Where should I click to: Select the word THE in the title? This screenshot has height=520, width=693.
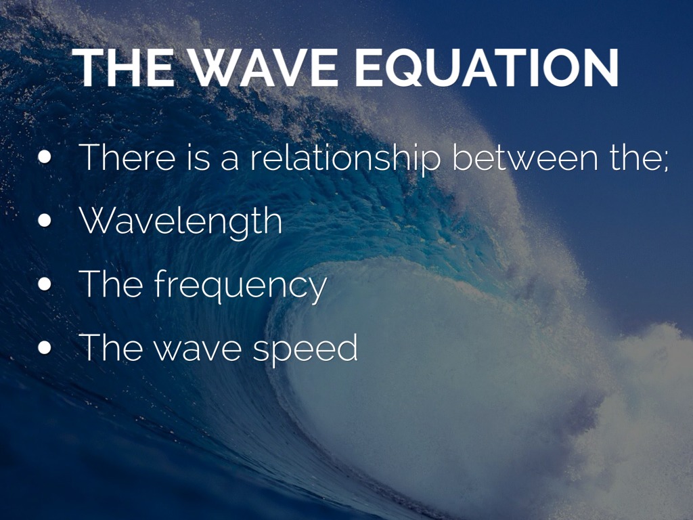(x=123, y=68)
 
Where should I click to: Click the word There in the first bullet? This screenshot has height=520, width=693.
(x=127, y=158)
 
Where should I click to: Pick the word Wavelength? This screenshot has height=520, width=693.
(x=181, y=221)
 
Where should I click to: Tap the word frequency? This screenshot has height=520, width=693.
(x=240, y=286)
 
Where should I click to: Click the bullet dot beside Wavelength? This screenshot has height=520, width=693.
(x=45, y=221)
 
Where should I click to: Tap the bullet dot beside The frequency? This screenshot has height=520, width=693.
(x=45, y=284)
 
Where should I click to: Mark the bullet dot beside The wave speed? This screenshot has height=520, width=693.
(x=45, y=348)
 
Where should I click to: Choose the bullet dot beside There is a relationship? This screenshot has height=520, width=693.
(x=45, y=157)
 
